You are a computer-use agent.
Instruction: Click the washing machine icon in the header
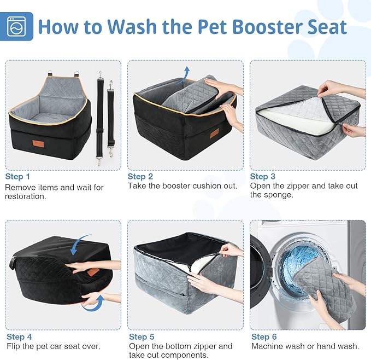click(17, 26)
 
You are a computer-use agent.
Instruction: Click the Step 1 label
click(18, 177)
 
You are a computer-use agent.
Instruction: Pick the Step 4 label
click(19, 337)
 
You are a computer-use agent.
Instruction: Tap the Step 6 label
click(264, 337)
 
